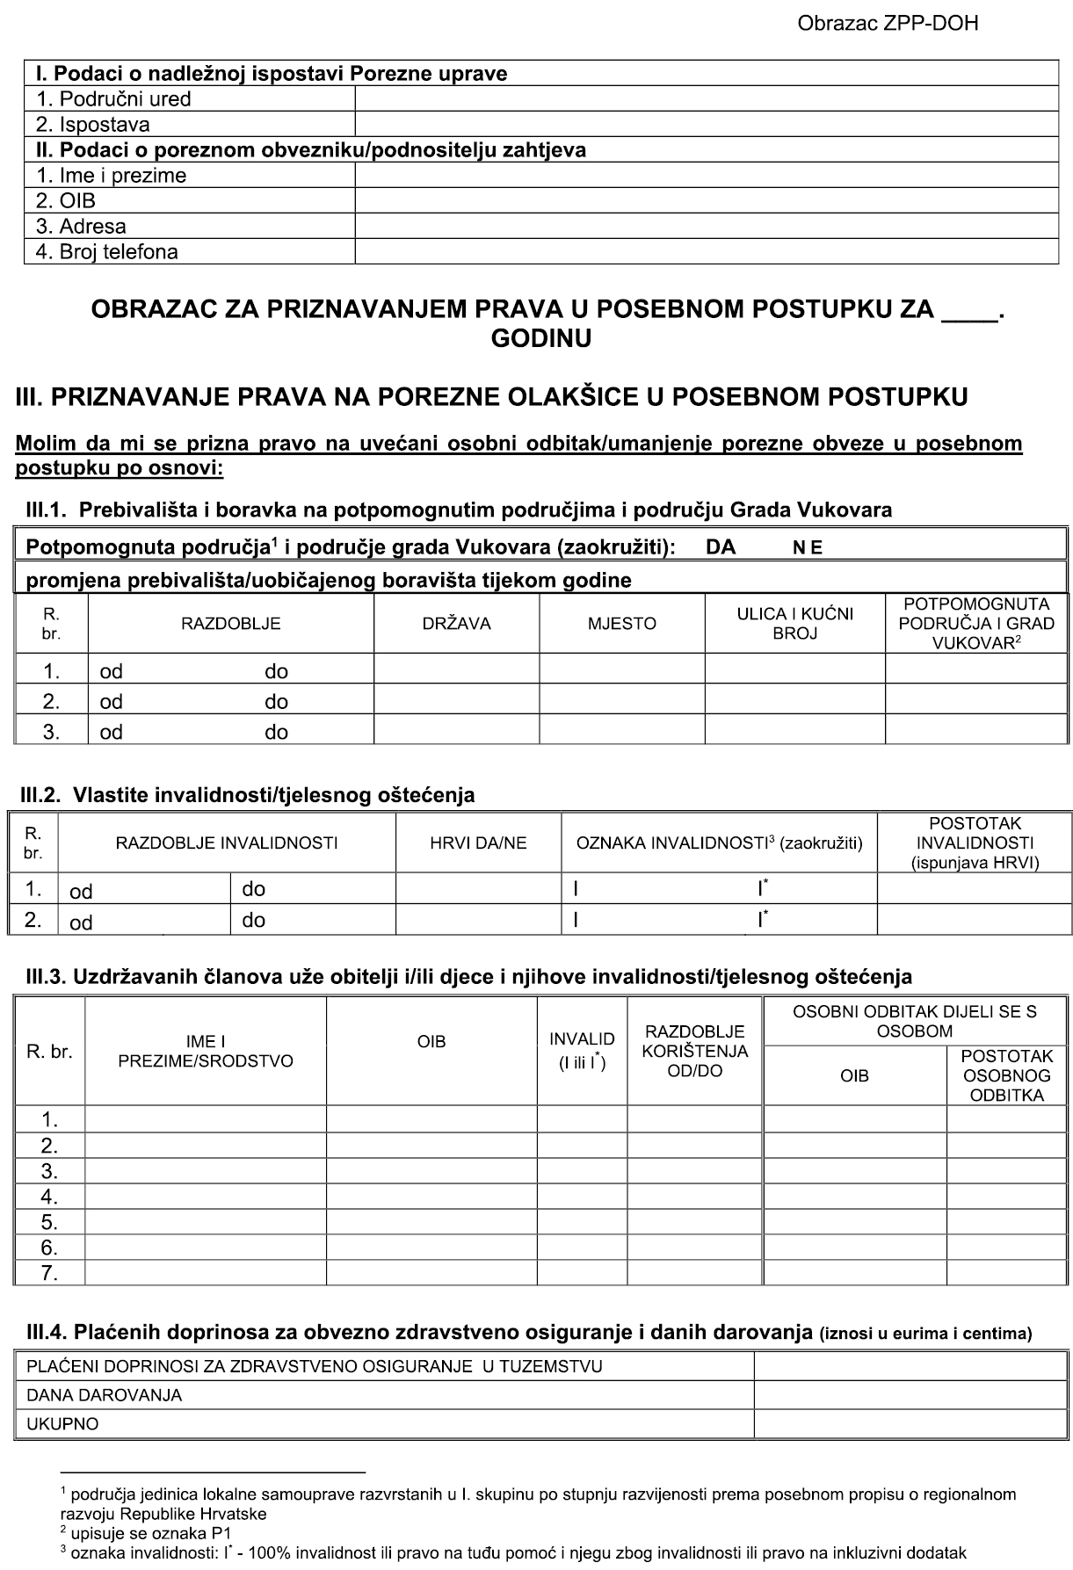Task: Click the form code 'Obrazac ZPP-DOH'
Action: tap(888, 24)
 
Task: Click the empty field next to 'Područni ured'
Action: tap(706, 98)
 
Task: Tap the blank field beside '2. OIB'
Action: tap(706, 200)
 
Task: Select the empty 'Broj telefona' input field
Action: tap(706, 252)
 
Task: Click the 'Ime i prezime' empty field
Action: tap(706, 175)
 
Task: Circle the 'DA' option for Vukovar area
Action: tap(721, 548)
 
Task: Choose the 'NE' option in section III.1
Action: tap(808, 548)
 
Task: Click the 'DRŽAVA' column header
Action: tap(456, 624)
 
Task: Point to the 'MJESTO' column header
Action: tap(622, 624)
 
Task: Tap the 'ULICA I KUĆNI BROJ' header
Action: tap(794, 623)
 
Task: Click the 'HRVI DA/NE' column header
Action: tap(478, 843)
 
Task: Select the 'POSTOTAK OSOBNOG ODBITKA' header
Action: tap(1006, 1075)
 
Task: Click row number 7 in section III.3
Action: tap(49, 1272)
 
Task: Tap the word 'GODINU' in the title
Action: tap(540, 338)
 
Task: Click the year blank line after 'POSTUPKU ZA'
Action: tap(968, 311)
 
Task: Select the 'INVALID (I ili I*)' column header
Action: tap(582, 1051)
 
